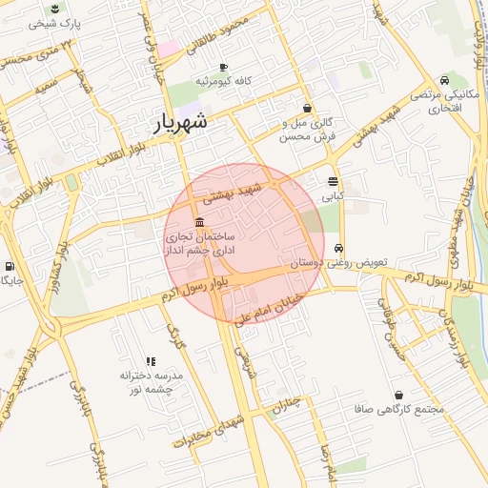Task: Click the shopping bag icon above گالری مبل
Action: [x=307, y=108]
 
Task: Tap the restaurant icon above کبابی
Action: [x=333, y=181]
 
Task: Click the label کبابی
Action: [x=332, y=197]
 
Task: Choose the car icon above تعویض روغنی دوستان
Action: [x=339, y=247]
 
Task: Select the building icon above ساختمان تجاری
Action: [x=198, y=222]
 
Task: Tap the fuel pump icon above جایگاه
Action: [x=10, y=266]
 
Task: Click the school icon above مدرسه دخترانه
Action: [x=151, y=360]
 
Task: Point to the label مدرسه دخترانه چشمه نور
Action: [x=151, y=383]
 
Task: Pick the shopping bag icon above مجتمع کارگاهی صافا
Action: [x=397, y=395]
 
